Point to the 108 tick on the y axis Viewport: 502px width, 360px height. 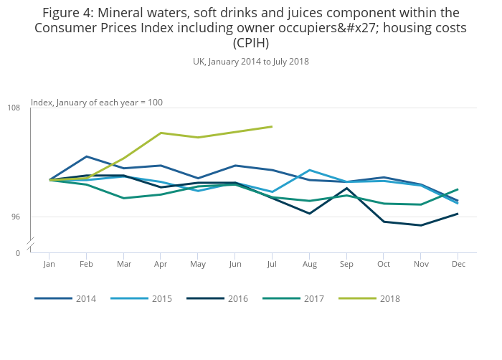coord(14,108)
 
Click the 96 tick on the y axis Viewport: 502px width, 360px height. coord(16,217)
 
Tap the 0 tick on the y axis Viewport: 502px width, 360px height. coord(18,252)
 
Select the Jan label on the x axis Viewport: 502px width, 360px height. coord(49,264)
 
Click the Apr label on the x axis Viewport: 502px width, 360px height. coord(160,264)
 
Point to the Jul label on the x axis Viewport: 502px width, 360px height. coord(272,264)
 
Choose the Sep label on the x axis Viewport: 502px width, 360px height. coord(346,264)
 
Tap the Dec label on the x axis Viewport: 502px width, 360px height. coord(458,264)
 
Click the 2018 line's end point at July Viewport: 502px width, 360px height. coord(272,126)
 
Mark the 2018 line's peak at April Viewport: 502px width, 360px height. coord(161,133)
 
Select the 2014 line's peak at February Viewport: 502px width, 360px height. coord(86,156)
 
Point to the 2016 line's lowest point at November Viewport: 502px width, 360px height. coord(421,225)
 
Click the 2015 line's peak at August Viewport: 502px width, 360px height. coord(309,170)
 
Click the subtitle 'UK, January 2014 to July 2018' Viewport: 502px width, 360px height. coord(251,62)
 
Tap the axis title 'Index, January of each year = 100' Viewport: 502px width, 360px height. coord(97,103)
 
